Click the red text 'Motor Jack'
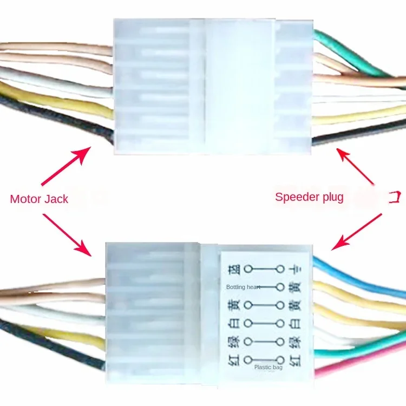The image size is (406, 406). pos(39,199)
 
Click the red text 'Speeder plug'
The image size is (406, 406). pos(309,197)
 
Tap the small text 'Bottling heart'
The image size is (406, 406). pos(243,287)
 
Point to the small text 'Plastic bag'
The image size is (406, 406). pos(269,367)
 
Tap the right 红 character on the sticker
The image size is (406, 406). pos(294,359)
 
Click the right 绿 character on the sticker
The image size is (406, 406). pos(294,342)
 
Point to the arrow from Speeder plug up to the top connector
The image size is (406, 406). pos(358,168)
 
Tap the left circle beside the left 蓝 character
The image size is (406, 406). pos(248,268)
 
